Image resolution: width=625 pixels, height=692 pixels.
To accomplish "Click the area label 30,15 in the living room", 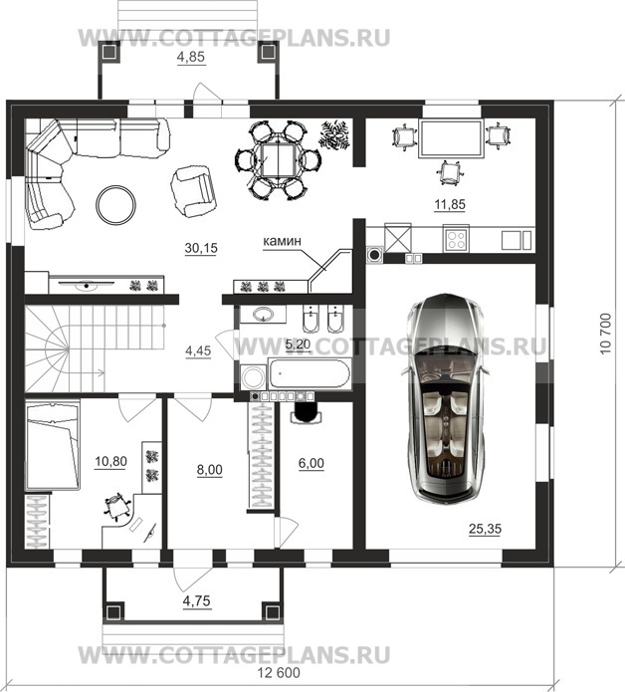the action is tap(201, 248).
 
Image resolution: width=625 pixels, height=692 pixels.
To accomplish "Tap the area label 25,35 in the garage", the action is tap(486, 529).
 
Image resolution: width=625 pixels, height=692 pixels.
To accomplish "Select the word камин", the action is tap(283, 241).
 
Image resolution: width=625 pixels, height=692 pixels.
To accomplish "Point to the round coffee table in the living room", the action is tap(116, 204).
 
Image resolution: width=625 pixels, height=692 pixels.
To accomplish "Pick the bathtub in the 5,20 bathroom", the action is tap(311, 374).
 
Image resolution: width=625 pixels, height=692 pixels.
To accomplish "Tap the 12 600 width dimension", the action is tap(279, 673).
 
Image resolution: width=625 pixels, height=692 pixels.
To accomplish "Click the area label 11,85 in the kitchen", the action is tap(450, 204).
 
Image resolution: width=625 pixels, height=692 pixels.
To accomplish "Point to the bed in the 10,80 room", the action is tap(53, 445).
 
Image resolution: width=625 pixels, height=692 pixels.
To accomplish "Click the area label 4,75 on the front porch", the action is tap(197, 601).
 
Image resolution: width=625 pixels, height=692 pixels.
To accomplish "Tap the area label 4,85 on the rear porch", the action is tap(191, 58).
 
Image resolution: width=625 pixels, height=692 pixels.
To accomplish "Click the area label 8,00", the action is tap(210, 470).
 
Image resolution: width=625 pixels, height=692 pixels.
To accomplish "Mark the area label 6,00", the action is tap(311, 463).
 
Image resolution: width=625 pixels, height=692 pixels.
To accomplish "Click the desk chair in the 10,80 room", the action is tap(117, 506).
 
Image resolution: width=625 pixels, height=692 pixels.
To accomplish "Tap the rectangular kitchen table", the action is tap(451, 138).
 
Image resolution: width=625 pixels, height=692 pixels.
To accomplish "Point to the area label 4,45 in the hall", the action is tap(198, 350).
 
